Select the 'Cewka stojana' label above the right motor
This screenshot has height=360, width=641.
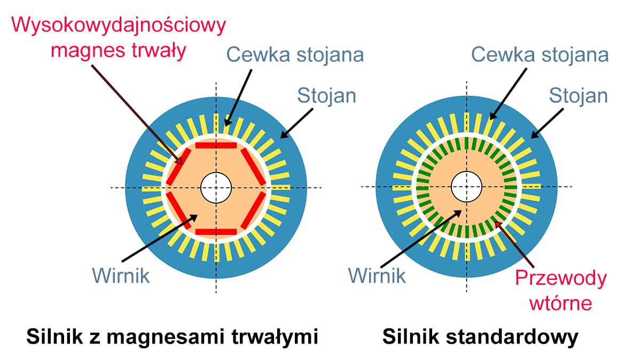540,54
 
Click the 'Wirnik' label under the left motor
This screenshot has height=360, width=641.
121,276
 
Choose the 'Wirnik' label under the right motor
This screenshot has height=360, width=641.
377,276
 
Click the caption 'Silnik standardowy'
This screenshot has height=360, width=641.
480,338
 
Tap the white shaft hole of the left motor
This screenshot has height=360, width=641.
216,187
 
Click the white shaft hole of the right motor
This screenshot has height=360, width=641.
466,187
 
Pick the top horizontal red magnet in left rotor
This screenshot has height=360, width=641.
216,145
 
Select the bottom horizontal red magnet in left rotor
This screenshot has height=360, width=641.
216,231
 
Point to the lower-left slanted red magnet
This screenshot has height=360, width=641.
179,210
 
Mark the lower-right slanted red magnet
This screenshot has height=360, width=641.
253,210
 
